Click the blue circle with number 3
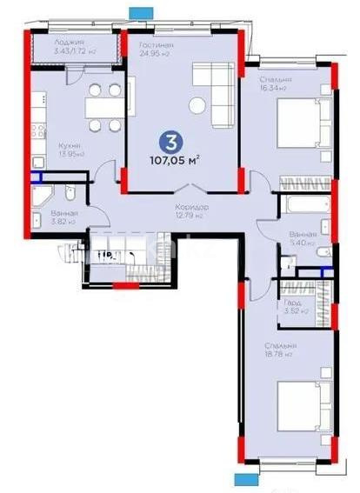[165, 138]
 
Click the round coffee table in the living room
[200, 106]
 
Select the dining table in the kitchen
[103, 105]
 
